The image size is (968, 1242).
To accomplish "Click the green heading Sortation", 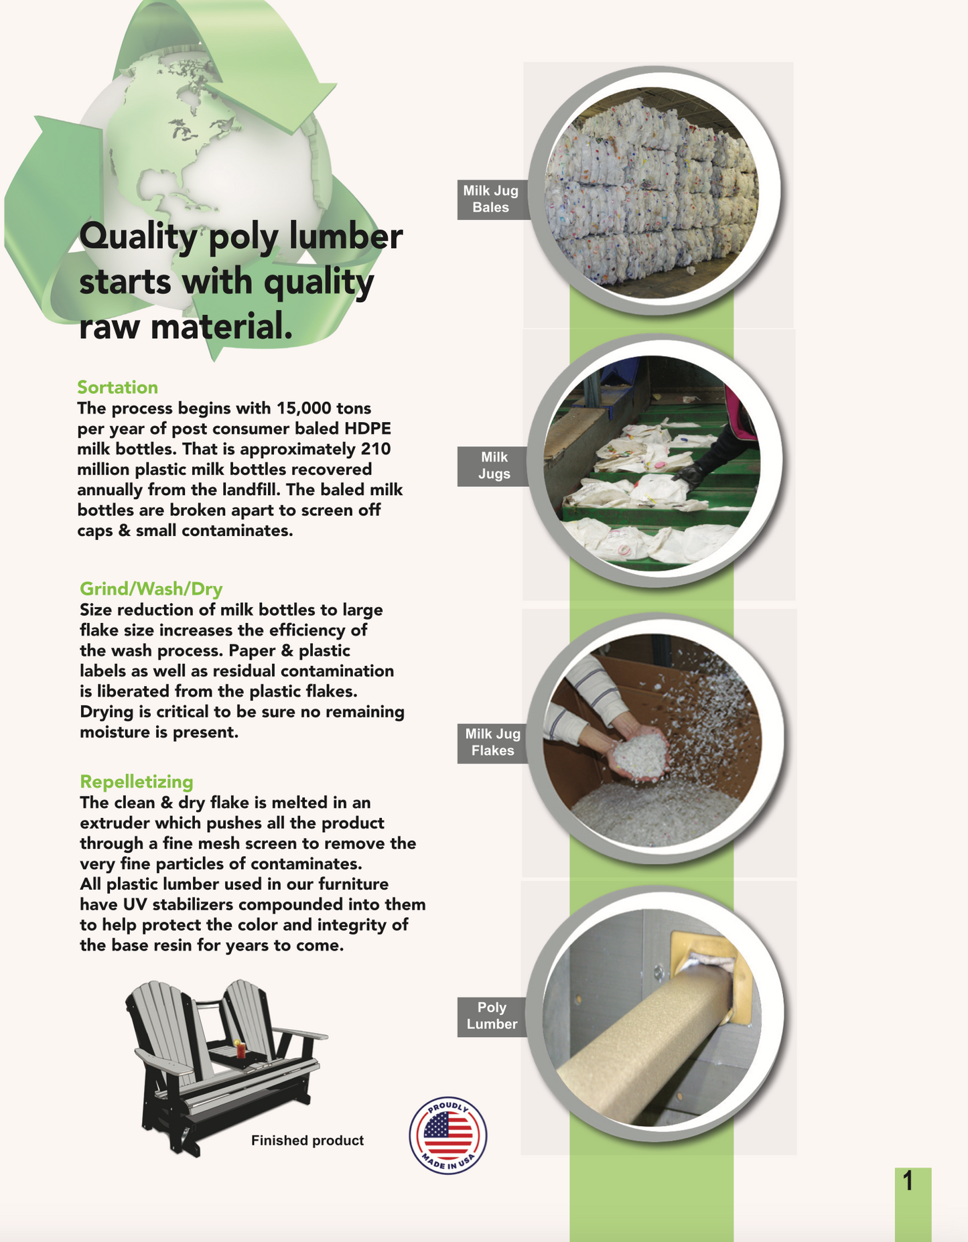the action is click(x=117, y=387).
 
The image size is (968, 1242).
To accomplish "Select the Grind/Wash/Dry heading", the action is click(x=151, y=589).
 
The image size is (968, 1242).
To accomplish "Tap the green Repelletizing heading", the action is click(x=136, y=782).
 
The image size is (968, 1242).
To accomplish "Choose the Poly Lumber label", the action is click(x=492, y=1016).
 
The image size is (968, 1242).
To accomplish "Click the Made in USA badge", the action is click(x=448, y=1135).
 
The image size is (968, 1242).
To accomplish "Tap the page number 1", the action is click(x=908, y=1181).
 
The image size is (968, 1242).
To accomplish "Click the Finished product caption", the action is click(x=307, y=1141).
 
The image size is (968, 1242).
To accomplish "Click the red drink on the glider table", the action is click(x=241, y=1048).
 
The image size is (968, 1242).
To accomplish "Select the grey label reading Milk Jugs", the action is click(x=494, y=466).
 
